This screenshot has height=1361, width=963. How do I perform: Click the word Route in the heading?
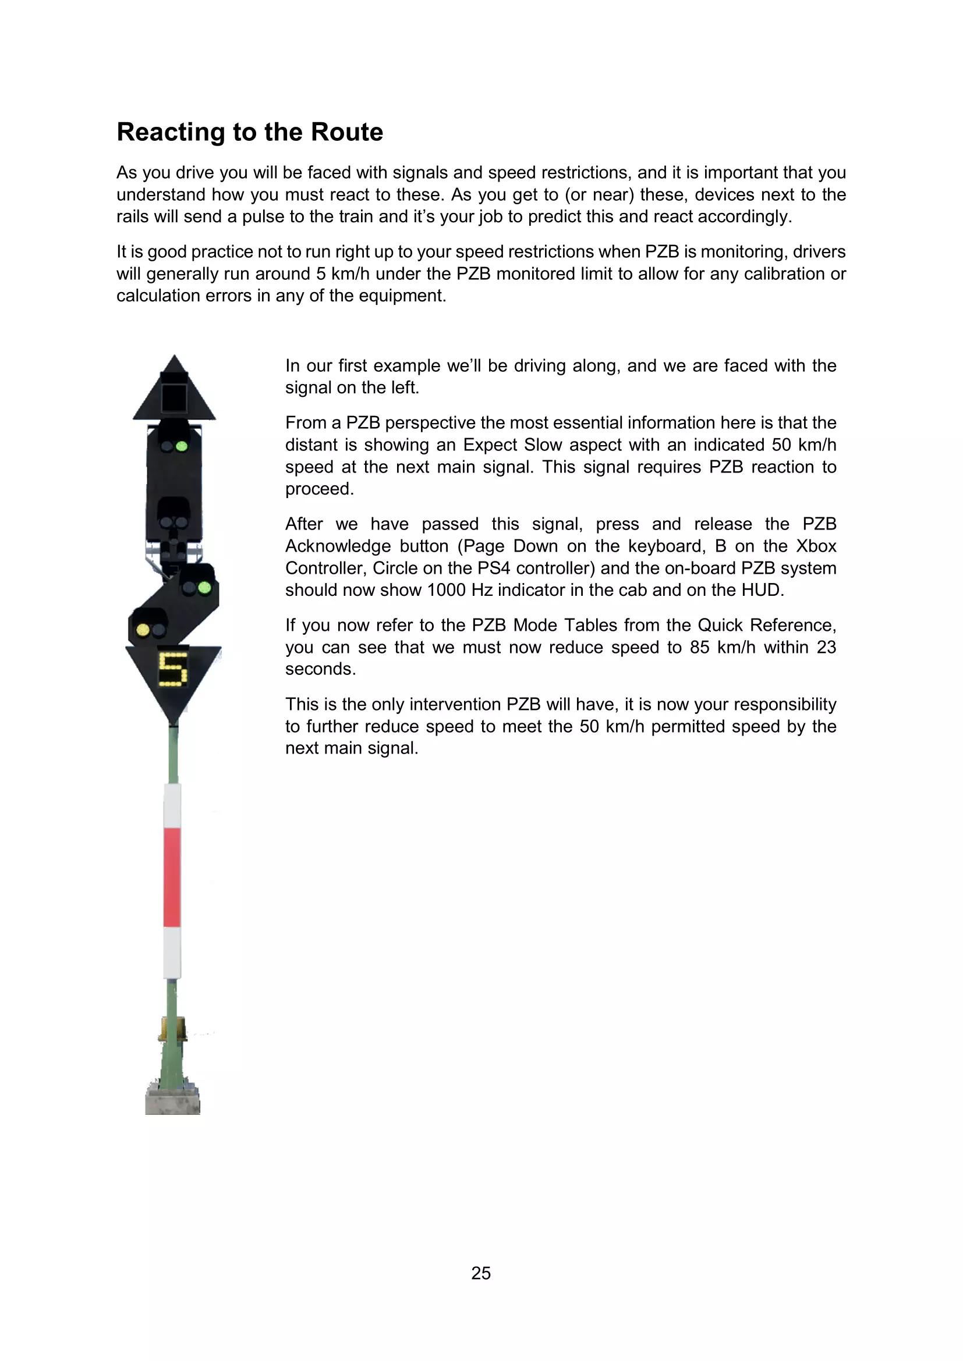347,132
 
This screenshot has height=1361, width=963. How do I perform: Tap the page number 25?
481,1273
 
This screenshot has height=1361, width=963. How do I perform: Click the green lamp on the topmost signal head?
182,446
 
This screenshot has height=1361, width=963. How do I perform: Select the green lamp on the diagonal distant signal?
204,588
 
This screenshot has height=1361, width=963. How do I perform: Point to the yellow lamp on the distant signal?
143,630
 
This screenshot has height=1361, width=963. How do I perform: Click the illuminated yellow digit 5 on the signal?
172,669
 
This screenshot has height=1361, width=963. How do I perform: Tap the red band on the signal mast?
172,877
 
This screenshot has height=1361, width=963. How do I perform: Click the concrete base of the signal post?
172,1101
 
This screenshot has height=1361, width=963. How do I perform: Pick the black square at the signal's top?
174,397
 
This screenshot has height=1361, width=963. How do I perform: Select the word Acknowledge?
338,546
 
